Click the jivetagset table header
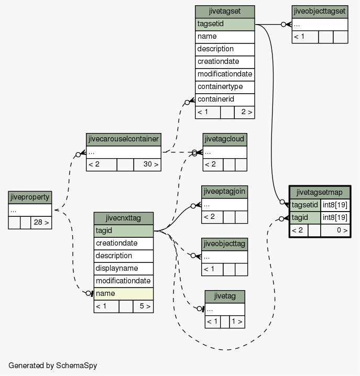pos(225,12)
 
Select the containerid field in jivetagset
pos(225,99)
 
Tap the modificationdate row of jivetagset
pos(225,74)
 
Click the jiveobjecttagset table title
pos(320,12)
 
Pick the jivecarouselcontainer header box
pos(123,139)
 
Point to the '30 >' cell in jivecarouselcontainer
pos(147,164)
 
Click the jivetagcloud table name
pos(225,139)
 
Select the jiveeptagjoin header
pos(224,192)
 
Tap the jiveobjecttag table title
pos(224,244)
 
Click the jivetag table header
pos(225,296)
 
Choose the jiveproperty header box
pos(30,197)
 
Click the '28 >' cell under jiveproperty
pos(41,223)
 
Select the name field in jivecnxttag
pos(123,294)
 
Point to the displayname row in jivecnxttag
pos(123,269)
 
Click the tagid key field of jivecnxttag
pos(123,231)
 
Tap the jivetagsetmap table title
pos(320,193)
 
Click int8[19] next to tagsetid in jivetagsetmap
pos(335,205)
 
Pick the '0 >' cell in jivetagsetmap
pos(335,230)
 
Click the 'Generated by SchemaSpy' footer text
pos(53,366)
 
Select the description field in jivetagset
pos(225,49)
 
